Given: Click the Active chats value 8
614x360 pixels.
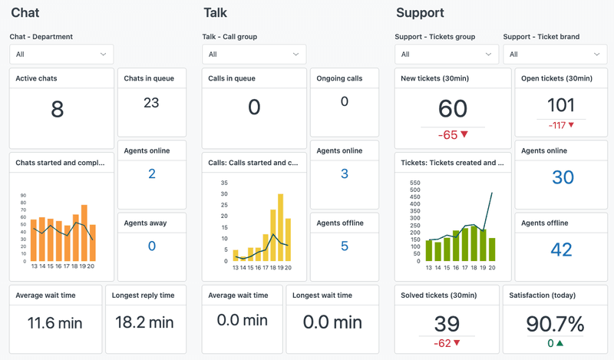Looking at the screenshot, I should click(x=57, y=110).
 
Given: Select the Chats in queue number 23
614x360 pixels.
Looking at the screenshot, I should click(x=151, y=102).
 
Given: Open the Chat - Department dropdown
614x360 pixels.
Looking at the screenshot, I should click(x=61, y=54).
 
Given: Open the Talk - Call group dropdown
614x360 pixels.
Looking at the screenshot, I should click(x=254, y=54).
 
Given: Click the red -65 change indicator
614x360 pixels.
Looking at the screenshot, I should click(x=453, y=135).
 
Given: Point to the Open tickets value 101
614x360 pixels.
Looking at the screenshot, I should click(x=561, y=105).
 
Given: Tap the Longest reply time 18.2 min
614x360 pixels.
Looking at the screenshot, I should click(x=144, y=322).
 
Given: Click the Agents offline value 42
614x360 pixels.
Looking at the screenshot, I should click(x=561, y=249).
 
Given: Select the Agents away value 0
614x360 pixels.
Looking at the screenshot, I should click(x=151, y=246).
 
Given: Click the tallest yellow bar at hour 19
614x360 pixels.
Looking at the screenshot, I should click(x=280, y=227).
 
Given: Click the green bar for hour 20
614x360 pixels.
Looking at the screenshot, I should click(x=491, y=249).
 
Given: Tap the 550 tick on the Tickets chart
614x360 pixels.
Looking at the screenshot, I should click(x=415, y=183).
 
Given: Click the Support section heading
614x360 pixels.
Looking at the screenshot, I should click(x=420, y=13).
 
